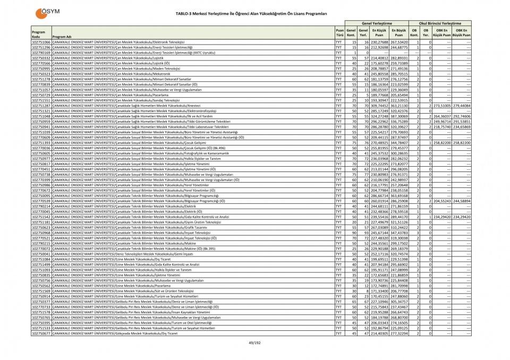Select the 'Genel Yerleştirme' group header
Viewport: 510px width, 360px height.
(376, 23)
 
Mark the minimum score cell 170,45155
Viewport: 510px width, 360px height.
(379, 296)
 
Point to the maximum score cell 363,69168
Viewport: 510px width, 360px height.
(398, 195)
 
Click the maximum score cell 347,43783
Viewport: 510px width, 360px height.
(398, 233)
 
